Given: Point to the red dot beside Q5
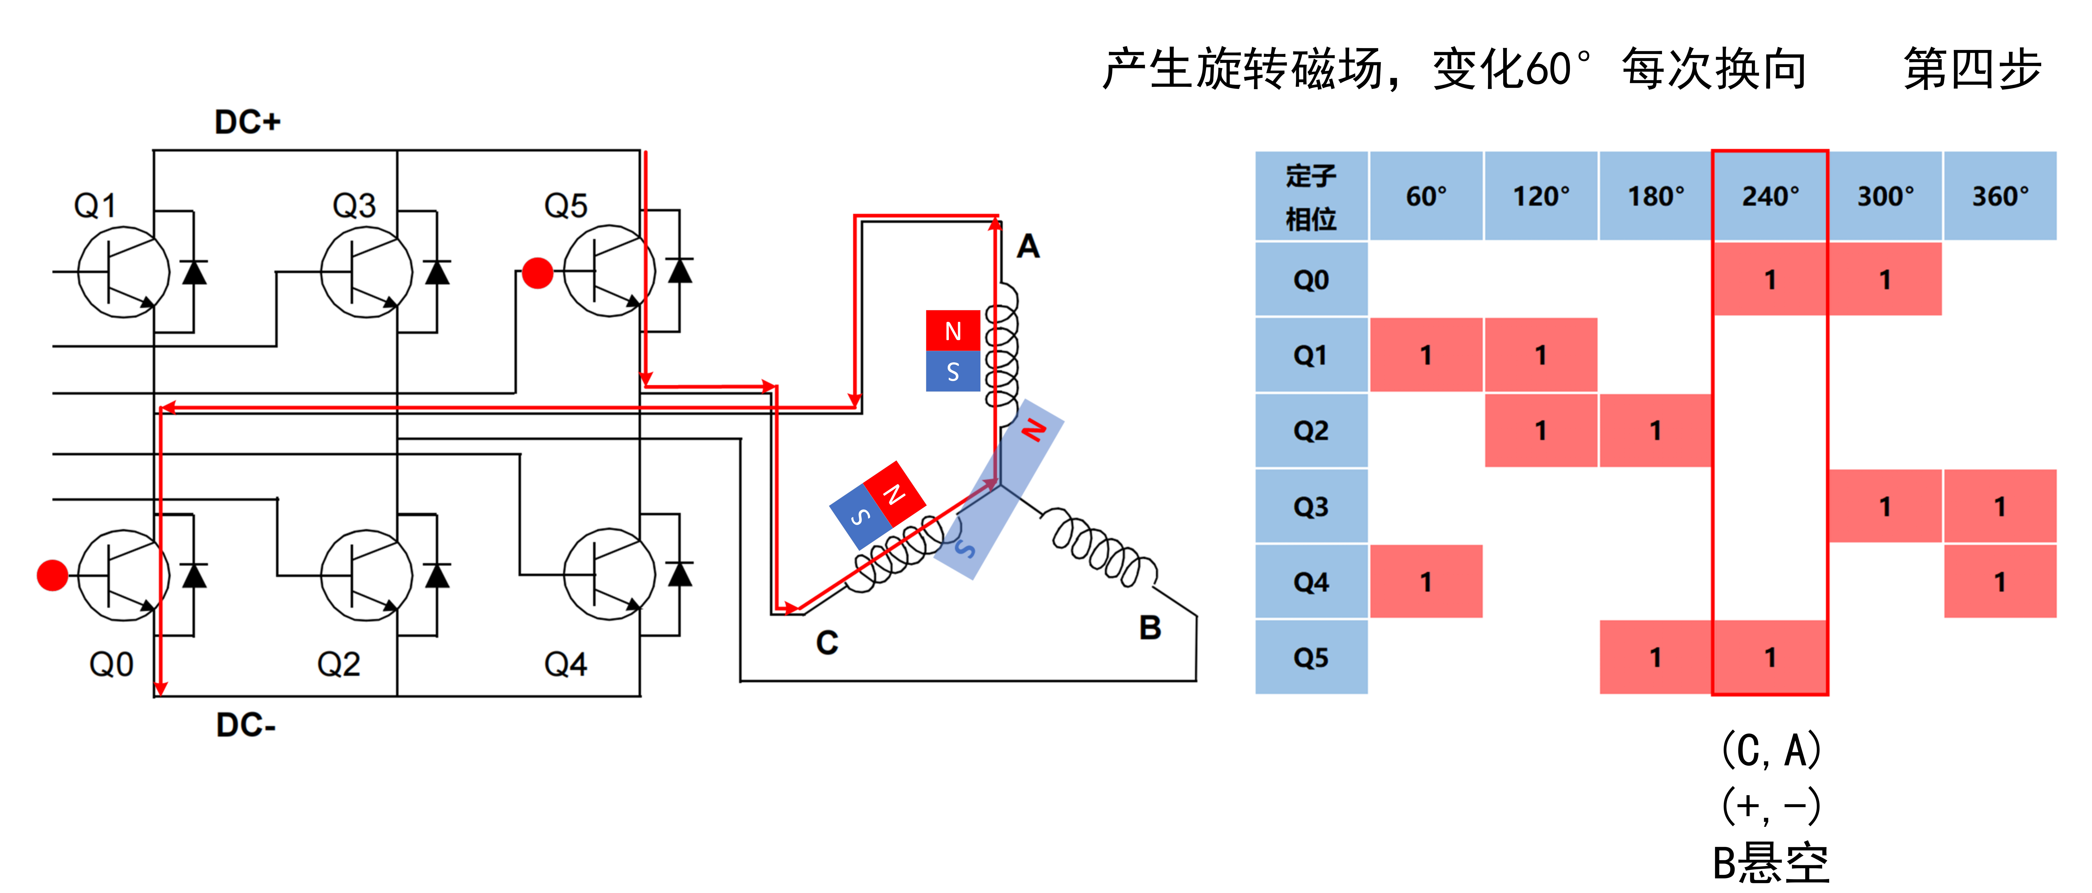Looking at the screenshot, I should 537,273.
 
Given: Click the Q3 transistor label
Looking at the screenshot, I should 354,205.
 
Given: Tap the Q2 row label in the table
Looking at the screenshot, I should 1311,430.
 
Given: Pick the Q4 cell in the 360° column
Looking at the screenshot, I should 1999,581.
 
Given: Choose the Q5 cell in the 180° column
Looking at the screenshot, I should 1655,657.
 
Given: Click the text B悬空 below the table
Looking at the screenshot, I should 1770,863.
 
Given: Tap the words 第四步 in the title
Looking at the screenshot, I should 1972,69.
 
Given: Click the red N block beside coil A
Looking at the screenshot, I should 953,330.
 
